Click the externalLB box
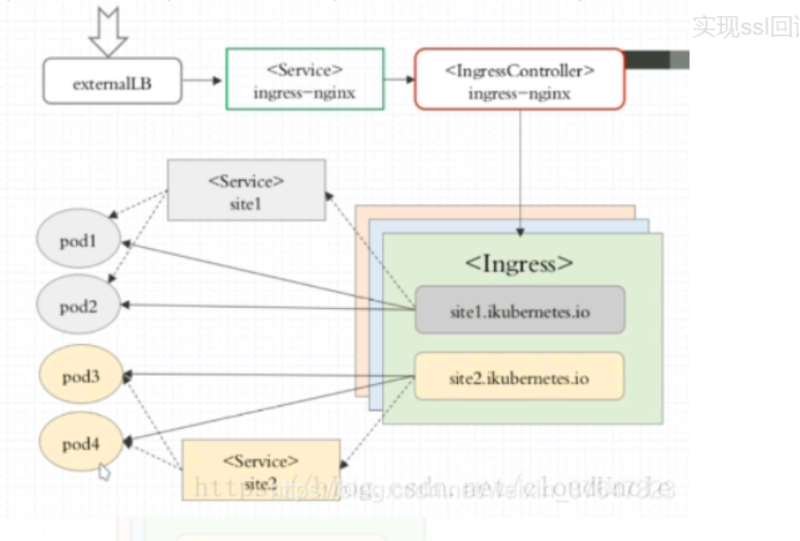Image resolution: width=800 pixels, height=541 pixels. tap(112, 82)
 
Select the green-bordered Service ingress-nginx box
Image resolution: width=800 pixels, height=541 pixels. tap(305, 80)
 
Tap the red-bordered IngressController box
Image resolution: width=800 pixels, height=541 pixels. tap(520, 81)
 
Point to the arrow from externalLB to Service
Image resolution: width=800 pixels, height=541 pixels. tap(202, 81)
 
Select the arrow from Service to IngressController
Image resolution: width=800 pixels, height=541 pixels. tap(399, 81)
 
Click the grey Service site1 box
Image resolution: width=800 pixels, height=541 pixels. tap(246, 190)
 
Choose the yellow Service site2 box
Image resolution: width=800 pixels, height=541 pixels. tap(260, 470)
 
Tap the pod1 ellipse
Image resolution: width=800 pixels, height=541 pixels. tap(79, 242)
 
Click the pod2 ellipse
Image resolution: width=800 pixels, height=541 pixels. tap(79, 306)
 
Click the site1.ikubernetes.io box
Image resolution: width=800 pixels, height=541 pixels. tap(520, 310)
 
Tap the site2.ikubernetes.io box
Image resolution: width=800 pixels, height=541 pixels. tap(520, 377)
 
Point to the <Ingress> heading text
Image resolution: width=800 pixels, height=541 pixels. tap(519, 263)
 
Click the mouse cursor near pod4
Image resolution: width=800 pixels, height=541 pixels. tap(104, 471)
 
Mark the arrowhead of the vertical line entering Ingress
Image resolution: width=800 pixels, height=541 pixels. tap(520, 230)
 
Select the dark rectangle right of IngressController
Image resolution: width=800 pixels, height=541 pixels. tap(656, 60)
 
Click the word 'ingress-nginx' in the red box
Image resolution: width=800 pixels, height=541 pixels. tap(520, 93)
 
